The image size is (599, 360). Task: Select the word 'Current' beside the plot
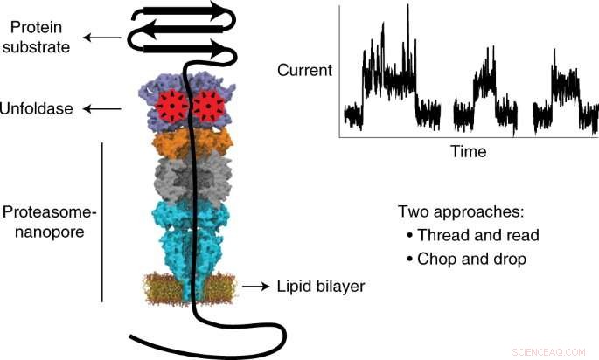304,69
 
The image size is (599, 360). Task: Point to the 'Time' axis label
468,152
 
